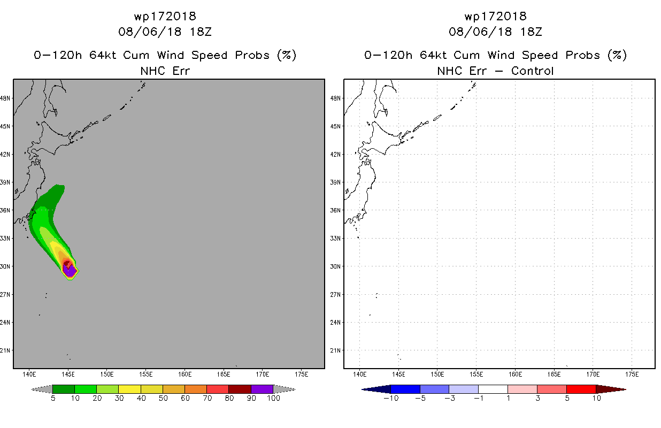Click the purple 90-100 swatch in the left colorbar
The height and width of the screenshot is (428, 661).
tap(262, 389)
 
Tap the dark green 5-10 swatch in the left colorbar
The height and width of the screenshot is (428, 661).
tap(64, 389)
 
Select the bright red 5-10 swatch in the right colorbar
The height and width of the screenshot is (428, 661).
tap(581, 389)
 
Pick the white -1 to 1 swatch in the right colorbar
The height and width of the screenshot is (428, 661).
tap(493, 389)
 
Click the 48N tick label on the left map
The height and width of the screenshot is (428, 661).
tap(5, 98)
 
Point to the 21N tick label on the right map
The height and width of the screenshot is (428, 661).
tap(335, 350)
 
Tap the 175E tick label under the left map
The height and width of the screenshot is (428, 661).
tap(301, 374)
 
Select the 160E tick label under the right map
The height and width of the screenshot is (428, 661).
tap(515, 374)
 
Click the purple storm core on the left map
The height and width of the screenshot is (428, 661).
tap(70, 271)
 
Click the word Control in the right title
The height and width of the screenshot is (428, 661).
tap(532, 71)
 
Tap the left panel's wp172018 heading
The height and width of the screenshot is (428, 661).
tap(165, 16)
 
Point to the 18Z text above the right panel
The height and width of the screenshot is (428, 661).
tap(531, 32)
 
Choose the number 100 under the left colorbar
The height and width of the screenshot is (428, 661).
tap(273, 398)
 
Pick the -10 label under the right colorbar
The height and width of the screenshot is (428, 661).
tap(391, 398)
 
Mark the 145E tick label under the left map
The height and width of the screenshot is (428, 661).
tap(68, 374)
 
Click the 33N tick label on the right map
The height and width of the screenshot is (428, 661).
tap(335, 238)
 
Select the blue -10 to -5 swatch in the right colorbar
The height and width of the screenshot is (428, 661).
tap(405, 389)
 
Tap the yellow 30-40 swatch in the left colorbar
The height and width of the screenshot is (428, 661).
tap(129, 389)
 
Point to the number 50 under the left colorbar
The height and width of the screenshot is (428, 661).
tap(163, 398)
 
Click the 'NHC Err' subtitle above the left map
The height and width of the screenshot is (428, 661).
tap(165, 71)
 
